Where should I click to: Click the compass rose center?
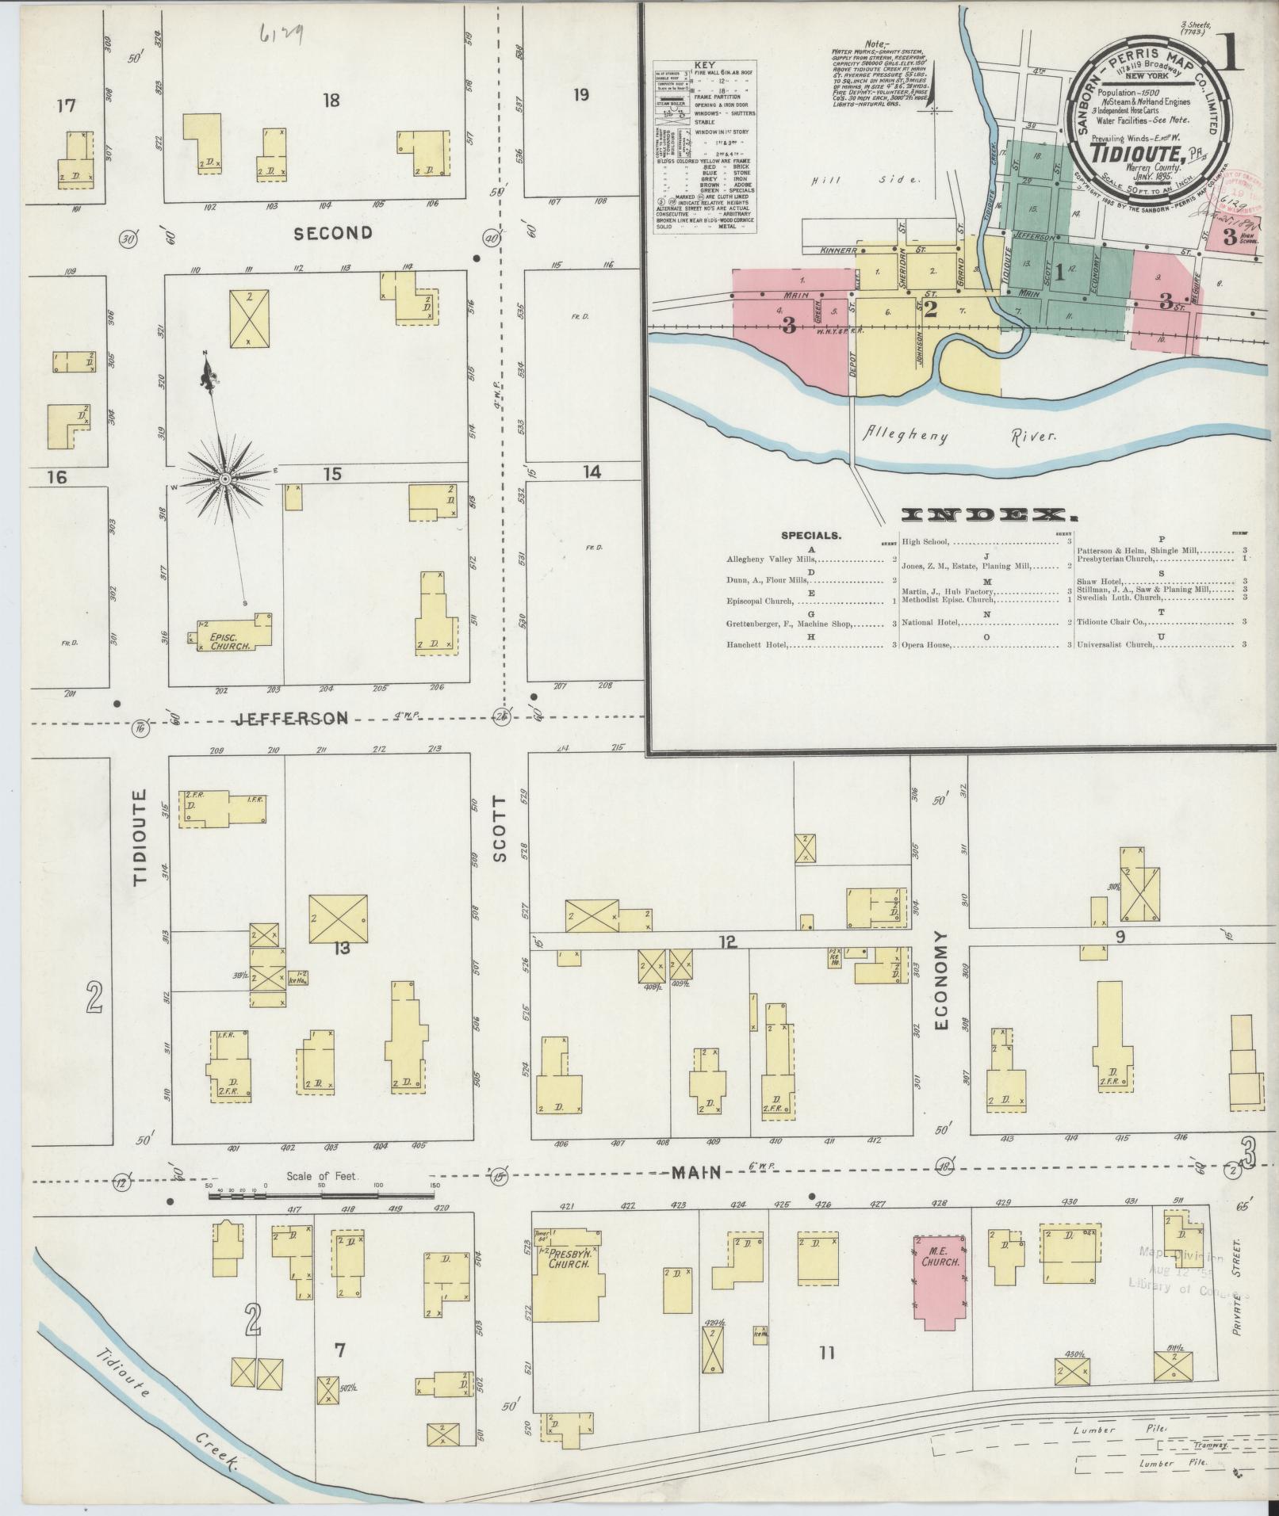pyautogui.click(x=225, y=479)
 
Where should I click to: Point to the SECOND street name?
pyautogui.click(x=333, y=233)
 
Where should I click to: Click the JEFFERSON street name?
pyautogui.click(x=293, y=718)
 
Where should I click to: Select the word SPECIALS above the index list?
pyautogui.click(x=812, y=536)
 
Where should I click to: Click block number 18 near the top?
pyautogui.click(x=331, y=99)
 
